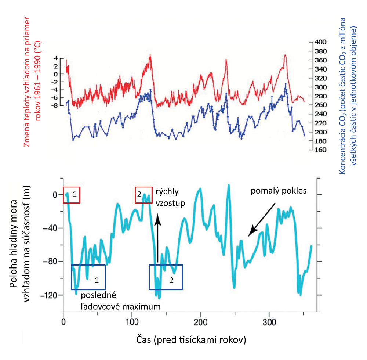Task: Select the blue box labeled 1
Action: (88, 277)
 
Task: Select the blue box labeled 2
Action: (166, 277)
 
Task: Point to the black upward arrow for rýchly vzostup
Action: (158, 239)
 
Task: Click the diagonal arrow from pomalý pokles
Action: (261, 220)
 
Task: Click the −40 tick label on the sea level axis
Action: (50, 228)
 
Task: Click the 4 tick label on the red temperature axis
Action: (56, 58)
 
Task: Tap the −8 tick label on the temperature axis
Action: (54, 105)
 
